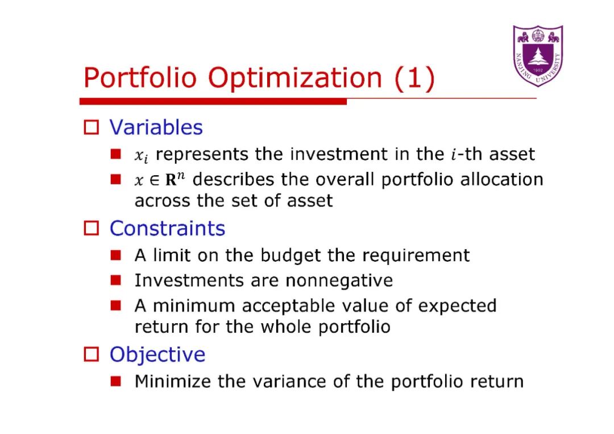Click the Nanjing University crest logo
[538, 56]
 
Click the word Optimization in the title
[295, 78]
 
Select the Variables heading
[156, 127]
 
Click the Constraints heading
[168, 228]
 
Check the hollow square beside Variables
[91, 127]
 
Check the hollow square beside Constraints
[91, 228]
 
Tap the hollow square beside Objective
[91, 354]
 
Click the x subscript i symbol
[142, 156]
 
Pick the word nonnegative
[339, 281]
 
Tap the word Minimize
[173, 381]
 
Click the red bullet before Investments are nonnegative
[115, 280]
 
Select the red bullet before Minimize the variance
[115, 381]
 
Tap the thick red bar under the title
[213, 102]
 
